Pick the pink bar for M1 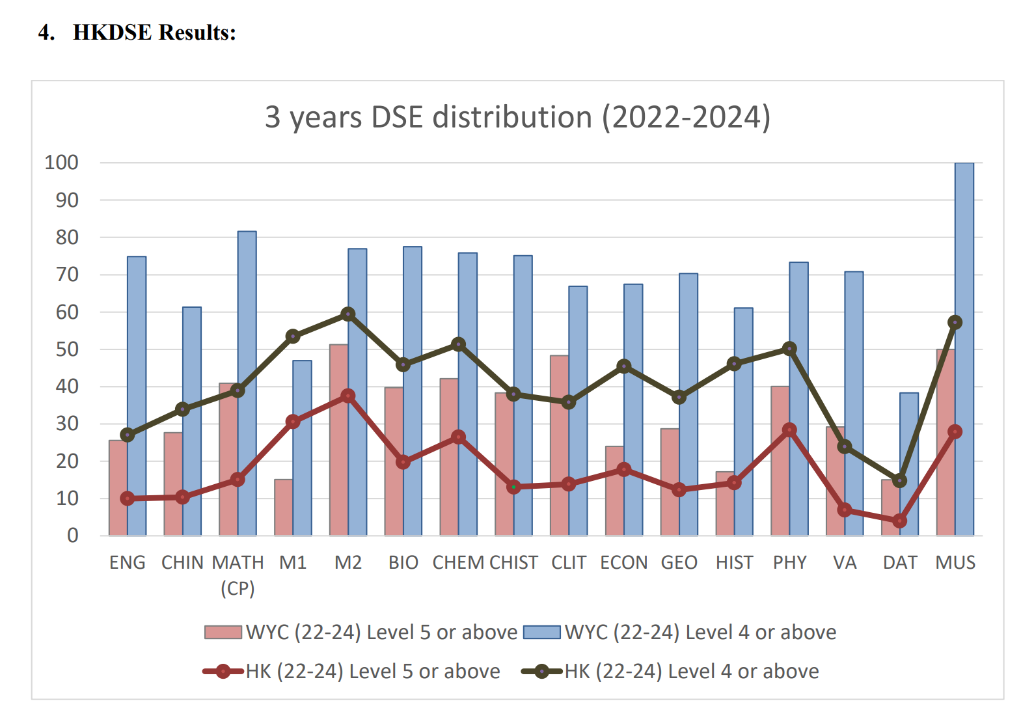(x=283, y=508)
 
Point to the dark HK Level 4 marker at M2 (x=348, y=314)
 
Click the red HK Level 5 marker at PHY (x=789, y=430)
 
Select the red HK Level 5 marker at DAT (x=899, y=521)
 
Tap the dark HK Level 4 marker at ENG (x=128, y=435)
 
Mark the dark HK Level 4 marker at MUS (x=955, y=322)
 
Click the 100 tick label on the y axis (x=61, y=163)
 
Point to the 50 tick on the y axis (x=66, y=349)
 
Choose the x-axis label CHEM (x=459, y=562)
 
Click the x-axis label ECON (x=623, y=562)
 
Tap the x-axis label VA (x=845, y=562)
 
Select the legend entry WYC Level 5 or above (x=361, y=633)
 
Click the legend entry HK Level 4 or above (x=671, y=672)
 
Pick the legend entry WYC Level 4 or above (x=680, y=633)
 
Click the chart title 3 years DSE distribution (x=517, y=118)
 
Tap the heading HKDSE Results (x=154, y=33)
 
